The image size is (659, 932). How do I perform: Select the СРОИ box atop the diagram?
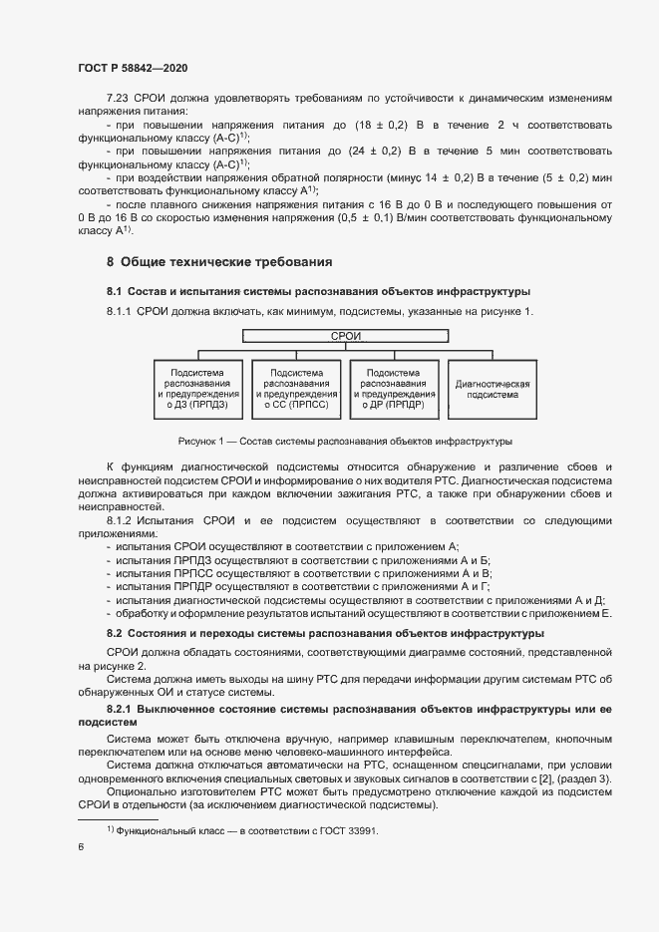tap(345, 336)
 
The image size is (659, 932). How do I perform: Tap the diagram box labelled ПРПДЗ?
tap(198, 388)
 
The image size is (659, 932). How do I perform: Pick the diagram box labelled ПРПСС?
tap(296, 388)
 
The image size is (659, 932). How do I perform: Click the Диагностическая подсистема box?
tap(491, 388)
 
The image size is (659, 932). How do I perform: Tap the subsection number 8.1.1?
tap(121, 313)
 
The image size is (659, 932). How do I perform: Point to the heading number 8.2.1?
tap(121, 707)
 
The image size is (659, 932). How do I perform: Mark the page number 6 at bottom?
tap(81, 846)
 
